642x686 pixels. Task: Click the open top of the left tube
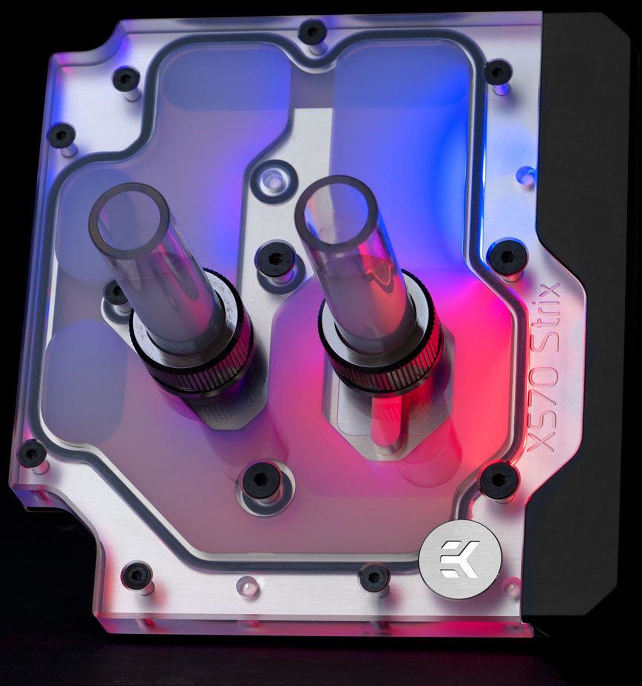[x=129, y=221]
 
